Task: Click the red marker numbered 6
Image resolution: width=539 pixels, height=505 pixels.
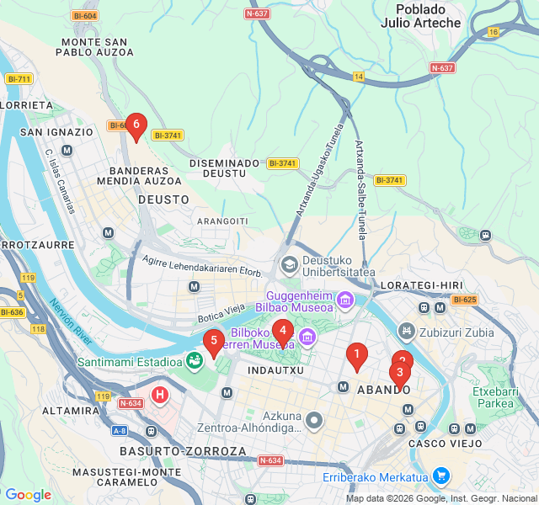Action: (x=136, y=125)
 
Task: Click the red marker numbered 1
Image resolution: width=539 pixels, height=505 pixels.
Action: (x=357, y=354)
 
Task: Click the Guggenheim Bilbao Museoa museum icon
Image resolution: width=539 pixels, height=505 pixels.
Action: (x=344, y=300)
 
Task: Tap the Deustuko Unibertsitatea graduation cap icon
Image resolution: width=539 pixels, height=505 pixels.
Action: (x=290, y=264)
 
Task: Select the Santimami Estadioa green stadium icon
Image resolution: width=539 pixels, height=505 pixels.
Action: (x=195, y=362)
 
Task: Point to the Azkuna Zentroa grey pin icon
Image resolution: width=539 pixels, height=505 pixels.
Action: (x=315, y=419)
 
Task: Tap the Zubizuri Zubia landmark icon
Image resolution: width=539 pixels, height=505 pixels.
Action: (x=408, y=332)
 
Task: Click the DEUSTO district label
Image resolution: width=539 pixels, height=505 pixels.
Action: (x=163, y=199)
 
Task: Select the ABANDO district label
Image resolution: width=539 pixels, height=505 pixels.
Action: (x=383, y=391)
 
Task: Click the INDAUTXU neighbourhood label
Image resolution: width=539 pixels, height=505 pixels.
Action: (x=275, y=369)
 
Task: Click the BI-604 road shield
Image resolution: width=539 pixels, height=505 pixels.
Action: (x=84, y=16)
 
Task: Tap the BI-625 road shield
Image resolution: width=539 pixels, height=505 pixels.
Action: (x=464, y=300)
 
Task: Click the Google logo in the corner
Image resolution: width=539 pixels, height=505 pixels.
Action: (x=28, y=495)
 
